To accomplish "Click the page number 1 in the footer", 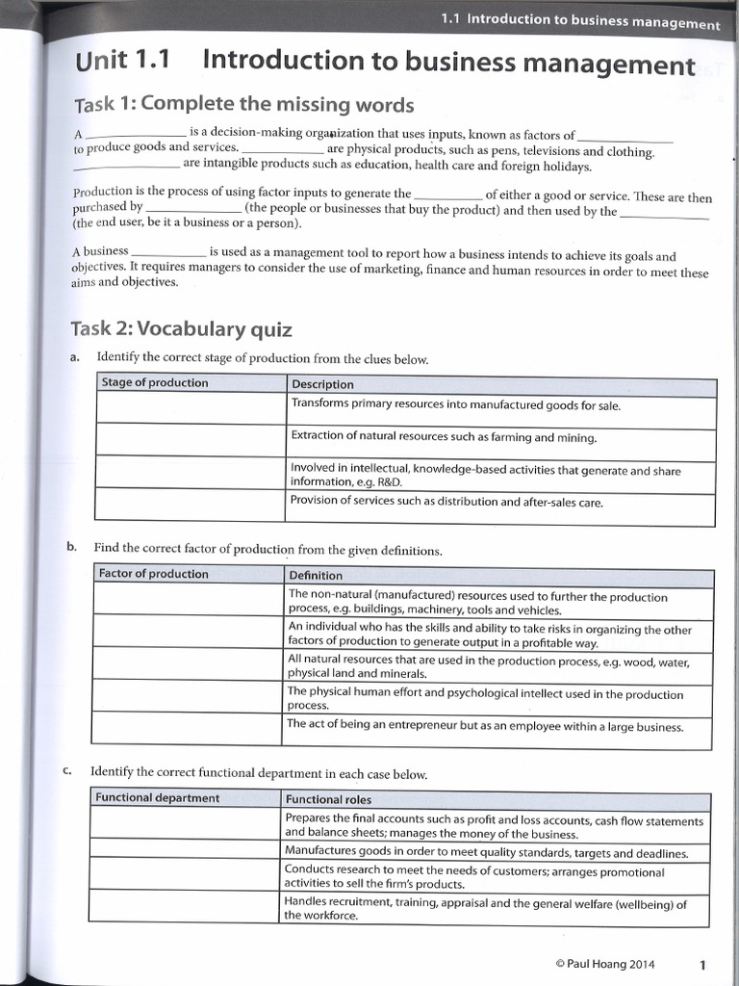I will point(702,964).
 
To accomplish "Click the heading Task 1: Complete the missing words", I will point(243,105).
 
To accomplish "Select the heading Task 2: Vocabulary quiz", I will point(181,329).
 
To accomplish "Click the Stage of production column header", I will point(155,383).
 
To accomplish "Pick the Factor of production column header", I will point(154,574).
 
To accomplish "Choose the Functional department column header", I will point(158,798).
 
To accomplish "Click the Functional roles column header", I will point(328,799).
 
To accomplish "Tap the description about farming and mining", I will point(444,437).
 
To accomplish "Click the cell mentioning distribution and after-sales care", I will point(446,502).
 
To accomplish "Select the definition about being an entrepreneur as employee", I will point(485,726).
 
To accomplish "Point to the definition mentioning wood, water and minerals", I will point(488,667).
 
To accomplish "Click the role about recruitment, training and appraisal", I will point(486,910).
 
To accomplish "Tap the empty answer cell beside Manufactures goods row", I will point(186,853).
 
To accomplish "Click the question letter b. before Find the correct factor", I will point(71,547).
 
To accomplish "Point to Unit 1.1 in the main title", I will point(122,62).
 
